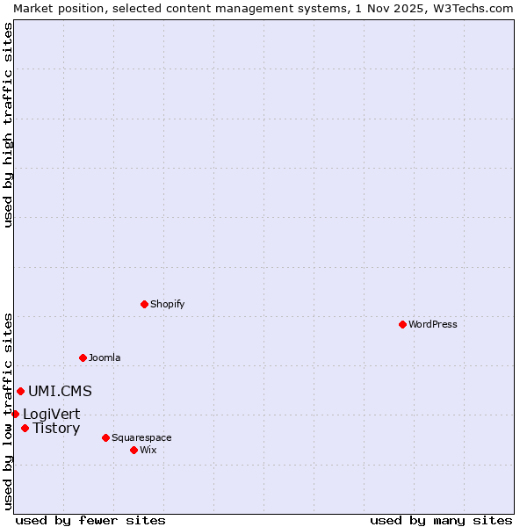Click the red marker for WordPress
pyautogui.click(x=402, y=324)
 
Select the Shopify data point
pyautogui.click(x=144, y=304)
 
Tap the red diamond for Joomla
pyautogui.click(x=83, y=357)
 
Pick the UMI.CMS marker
pyautogui.click(x=20, y=391)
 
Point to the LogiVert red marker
pyautogui.click(x=15, y=414)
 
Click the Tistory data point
pyautogui.click(x=25, y=429)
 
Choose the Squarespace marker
pyautogui.click(x=105, y=437)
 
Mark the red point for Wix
pyautogui.click(x=134, y=450)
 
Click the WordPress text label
pyautogui.click(x=433, y=324)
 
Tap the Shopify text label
pyautogui.click(x=167, y=304)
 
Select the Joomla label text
pyautogui.click(x=105, y=357)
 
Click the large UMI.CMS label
pyautogui.click(x=60, y=392)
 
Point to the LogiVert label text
pyautogui.click(x=51, y=415)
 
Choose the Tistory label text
pyautogui.click(x=56, y=429)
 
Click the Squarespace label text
pyautogui.click(x=141, y=437)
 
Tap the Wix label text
pyautogui.click(x=148, y=450)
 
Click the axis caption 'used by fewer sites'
pyautogui.click(x=90, y=520)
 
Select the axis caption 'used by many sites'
pyautogui.click(x=441, y=520)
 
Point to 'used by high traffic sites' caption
pyautogui.click(x=9, y=125)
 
